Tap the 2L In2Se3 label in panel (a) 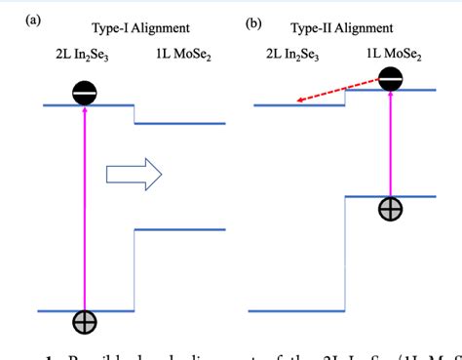point(84,58)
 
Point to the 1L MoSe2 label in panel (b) point(395,58)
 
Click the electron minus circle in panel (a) point(85,93)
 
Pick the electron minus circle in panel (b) point(391,79)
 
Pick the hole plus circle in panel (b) point(391,209)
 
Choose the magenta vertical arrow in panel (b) point(391,146)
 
